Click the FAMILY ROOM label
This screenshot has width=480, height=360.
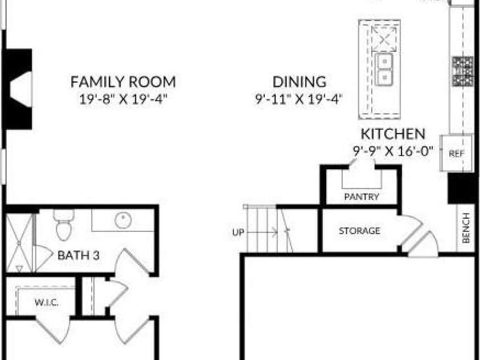pos(123,81)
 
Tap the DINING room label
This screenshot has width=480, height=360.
pos(299,81)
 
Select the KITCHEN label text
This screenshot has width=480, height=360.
pos(393,134)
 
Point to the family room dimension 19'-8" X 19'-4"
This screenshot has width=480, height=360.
pos(124,99)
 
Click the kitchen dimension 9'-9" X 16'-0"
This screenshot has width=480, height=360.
pos(393,151)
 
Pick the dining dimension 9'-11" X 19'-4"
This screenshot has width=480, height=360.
pos(299,99)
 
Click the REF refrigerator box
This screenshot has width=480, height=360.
pos(457,153)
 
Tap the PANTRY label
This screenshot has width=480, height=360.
pos(362,197)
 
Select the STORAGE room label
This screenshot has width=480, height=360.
pos(359,231)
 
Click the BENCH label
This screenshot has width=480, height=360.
pos(466,228)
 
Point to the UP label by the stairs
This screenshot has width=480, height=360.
pos(238,232)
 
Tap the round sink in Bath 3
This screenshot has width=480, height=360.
pos(123,220)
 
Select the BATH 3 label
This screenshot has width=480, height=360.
pos(79,255)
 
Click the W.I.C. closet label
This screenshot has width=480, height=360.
pos(47,303)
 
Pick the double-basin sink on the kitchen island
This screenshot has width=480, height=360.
pos(384,69)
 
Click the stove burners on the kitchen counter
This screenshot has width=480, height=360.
pos(463,71)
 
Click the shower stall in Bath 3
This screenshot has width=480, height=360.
pos(19,243)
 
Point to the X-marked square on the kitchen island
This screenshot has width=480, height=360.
pos(384,39)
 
